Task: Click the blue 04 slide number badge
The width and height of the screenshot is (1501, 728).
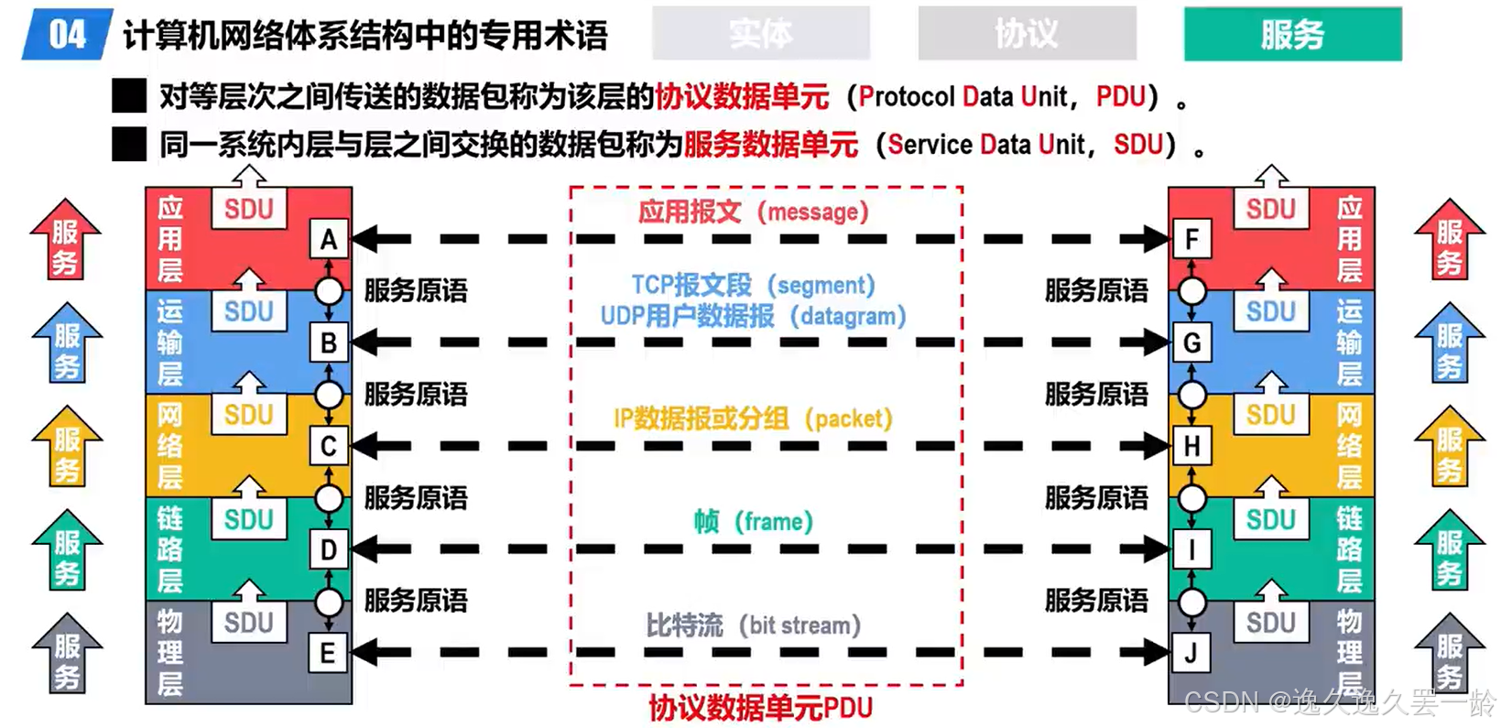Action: coord(66,35)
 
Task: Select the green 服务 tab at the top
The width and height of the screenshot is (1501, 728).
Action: coord(1291,35)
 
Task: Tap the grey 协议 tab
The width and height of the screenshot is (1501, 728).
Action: coord(1027,35)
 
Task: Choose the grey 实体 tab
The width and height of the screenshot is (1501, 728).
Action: coord(760,35)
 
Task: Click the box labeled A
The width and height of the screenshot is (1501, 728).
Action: coord(329,240)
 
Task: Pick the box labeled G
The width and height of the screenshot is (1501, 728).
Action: coord(1191,343)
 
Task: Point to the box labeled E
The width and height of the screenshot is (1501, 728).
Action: coord(327,654)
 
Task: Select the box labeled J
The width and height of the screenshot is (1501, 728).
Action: coord(1191,654)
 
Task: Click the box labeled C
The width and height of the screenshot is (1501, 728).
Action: coord(328,447)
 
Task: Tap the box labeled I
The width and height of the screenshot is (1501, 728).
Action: coord(1191,550)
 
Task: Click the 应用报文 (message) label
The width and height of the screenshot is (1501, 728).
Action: coord(753,212)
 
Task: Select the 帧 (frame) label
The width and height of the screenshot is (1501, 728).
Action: coord(753,522)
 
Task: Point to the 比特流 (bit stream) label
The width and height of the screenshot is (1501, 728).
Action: coord(753,625)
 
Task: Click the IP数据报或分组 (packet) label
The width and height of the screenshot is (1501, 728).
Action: coord(753,418)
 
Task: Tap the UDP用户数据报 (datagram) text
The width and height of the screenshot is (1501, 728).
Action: coord(753,317)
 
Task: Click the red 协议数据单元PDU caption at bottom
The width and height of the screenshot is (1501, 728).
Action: coord(760,708)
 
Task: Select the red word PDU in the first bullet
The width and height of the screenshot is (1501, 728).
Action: coord(1121,96)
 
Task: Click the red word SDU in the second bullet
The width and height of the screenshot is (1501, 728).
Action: coord(1138,145)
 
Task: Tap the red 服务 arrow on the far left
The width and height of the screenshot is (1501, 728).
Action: coord(65,240)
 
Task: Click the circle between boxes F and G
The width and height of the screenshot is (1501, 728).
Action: coord(1191,291)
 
